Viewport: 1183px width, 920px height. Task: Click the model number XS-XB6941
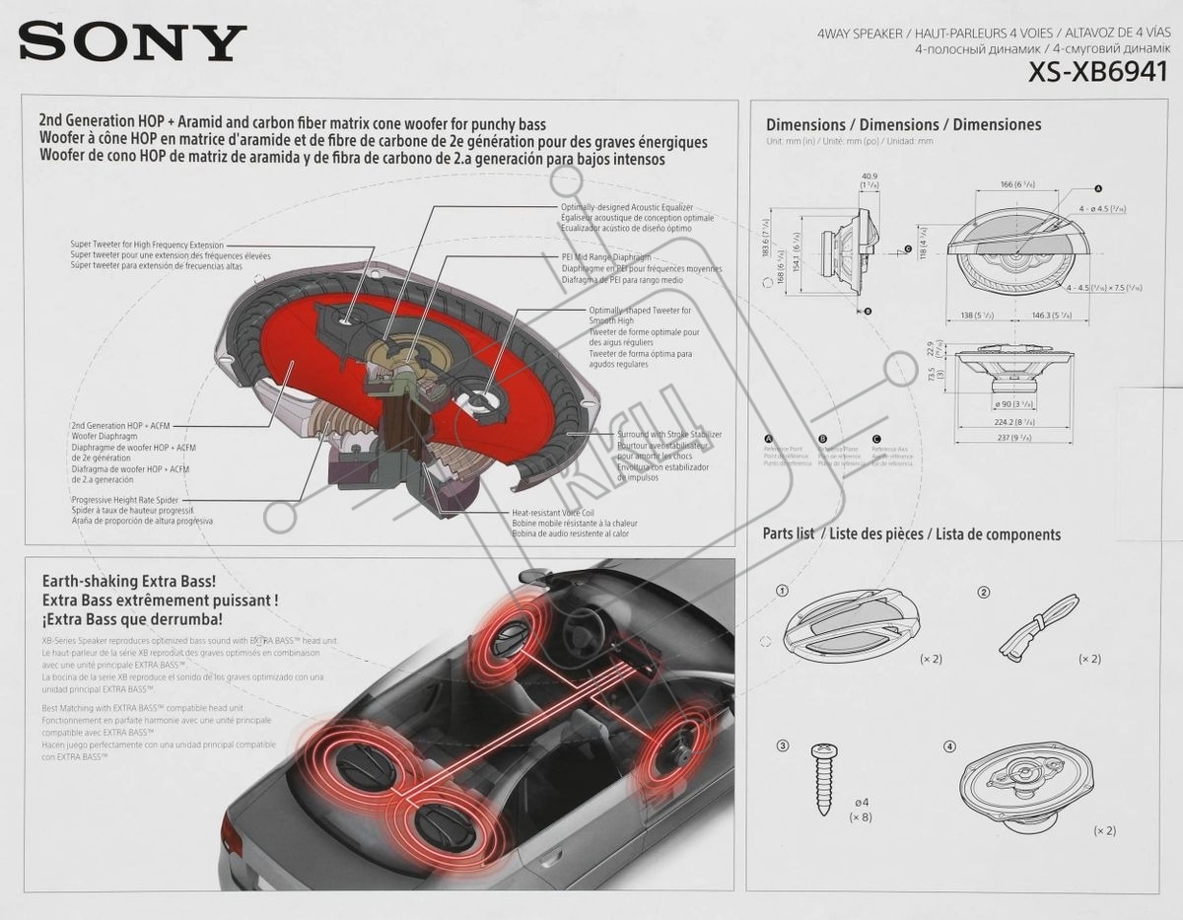[x=1097, y=73]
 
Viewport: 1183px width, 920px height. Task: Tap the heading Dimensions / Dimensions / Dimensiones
[x=903, y=125]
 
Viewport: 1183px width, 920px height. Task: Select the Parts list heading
[x=789, y=533]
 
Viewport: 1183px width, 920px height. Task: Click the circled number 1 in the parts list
[x=782, y=592]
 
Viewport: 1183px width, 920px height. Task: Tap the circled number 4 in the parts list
[x=949, y=746]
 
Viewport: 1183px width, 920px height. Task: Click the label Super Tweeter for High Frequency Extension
[x=147, y=245]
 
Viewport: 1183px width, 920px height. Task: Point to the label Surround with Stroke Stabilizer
[x=669, y=434]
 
